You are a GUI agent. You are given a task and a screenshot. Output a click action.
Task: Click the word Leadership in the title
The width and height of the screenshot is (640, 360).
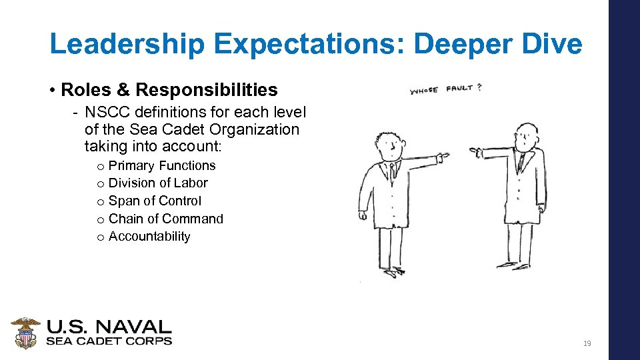(x=126, y=45)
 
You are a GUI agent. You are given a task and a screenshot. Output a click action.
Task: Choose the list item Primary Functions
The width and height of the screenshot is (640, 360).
(x=162, y=165)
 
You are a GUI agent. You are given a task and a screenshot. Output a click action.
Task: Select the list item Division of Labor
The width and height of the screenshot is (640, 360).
(x=158, y=183)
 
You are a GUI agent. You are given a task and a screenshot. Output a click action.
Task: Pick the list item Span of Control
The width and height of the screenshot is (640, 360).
(x=155, y=201)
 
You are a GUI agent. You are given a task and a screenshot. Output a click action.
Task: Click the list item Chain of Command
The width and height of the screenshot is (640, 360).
(x=166, y=219)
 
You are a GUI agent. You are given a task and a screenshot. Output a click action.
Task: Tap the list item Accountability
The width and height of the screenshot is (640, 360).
(x=149, y=236)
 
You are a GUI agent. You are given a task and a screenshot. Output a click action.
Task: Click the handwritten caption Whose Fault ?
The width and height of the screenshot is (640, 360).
(x=445, y=89)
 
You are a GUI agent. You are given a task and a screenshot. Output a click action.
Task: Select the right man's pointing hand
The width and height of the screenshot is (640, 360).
(x=476, y=151)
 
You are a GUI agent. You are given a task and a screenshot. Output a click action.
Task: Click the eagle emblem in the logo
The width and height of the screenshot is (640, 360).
(x=26, y=333)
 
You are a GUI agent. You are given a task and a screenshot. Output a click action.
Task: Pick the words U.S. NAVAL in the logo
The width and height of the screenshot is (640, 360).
(x=109, y=327)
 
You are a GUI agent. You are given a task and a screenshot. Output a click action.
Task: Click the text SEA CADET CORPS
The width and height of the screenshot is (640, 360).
(x=109, y=341)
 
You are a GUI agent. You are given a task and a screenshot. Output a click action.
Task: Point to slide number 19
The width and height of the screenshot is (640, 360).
(x=587, y=343)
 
